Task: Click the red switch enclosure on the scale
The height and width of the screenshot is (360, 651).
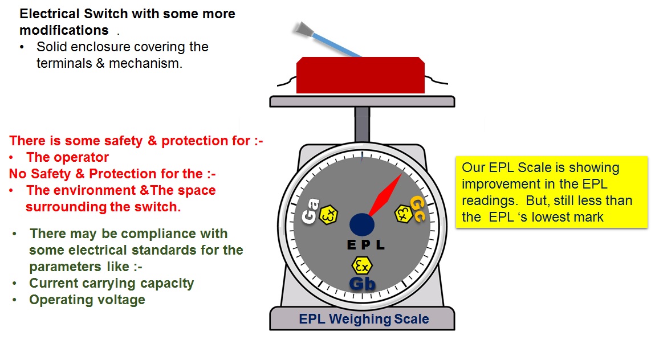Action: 360,75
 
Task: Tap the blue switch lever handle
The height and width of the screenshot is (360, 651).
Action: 331,41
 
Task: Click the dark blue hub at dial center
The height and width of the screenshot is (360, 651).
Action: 361,224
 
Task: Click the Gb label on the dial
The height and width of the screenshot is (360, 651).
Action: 362,283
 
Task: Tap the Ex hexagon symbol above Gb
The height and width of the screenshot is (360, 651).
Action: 361,265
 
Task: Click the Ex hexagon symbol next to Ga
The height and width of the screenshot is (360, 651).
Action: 328,215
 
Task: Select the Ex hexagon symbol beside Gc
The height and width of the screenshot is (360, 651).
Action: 403,213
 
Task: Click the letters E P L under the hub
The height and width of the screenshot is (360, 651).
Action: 366,246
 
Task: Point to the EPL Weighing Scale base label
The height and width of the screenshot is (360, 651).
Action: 364,319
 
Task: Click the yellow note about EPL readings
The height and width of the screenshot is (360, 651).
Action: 551,192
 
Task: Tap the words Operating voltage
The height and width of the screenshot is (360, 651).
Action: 87,300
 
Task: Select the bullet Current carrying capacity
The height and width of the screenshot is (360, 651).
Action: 111,283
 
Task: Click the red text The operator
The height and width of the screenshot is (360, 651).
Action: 67,157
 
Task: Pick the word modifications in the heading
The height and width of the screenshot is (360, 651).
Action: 64,30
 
